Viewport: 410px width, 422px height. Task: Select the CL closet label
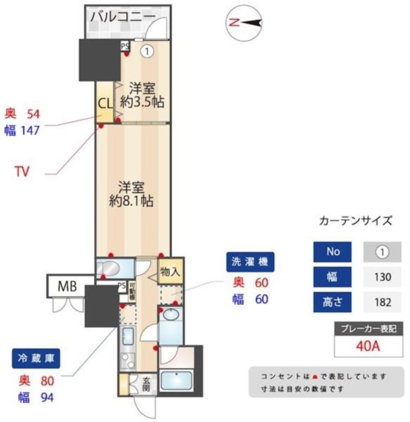coord(105,104)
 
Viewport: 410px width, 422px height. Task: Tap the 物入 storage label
coord(169,271)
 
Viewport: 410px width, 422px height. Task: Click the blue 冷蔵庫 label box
coord(36,360)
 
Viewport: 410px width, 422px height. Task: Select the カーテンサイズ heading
coord(355,222)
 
